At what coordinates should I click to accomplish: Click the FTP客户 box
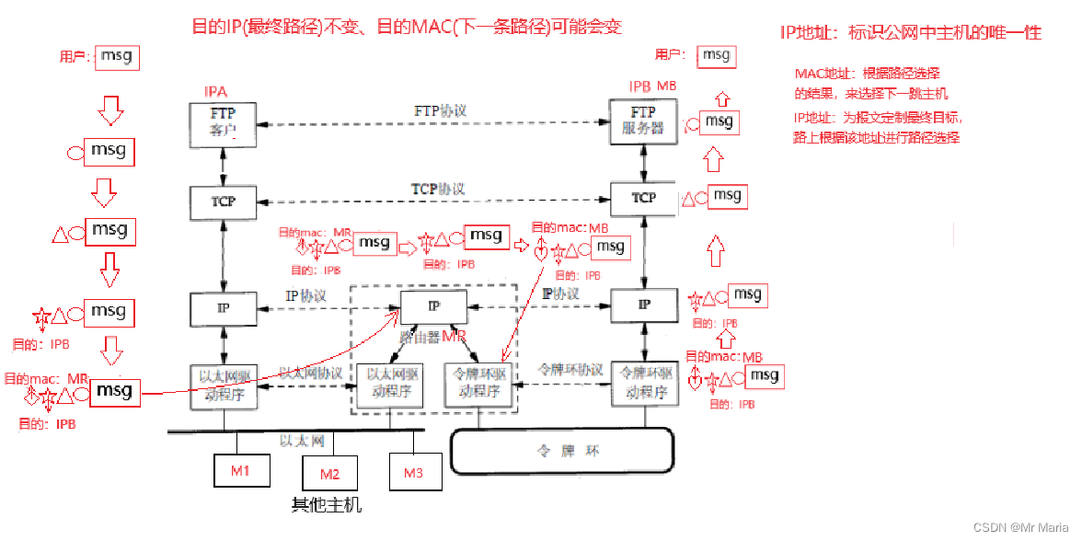pos(223,123)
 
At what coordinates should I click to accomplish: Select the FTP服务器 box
pos(643,121)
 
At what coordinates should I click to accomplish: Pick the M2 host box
pos(330,475)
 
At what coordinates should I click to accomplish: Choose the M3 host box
pos(413,473)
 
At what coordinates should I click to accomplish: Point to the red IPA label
pos(214,91)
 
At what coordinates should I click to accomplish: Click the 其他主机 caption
pos(327,505)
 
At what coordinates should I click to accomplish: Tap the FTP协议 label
pos(440,111)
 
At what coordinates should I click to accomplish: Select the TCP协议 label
pos(437,189)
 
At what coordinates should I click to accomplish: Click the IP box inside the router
pos(433,306)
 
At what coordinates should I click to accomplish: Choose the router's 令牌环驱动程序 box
pos(477,384)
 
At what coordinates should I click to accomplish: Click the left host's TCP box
pos(223,201)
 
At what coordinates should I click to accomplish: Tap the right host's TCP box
pos(643,198)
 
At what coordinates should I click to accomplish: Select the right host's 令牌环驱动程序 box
pos(644,384)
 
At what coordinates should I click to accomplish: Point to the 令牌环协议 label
pos(570,370)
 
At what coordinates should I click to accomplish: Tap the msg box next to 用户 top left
pos(116,56)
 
